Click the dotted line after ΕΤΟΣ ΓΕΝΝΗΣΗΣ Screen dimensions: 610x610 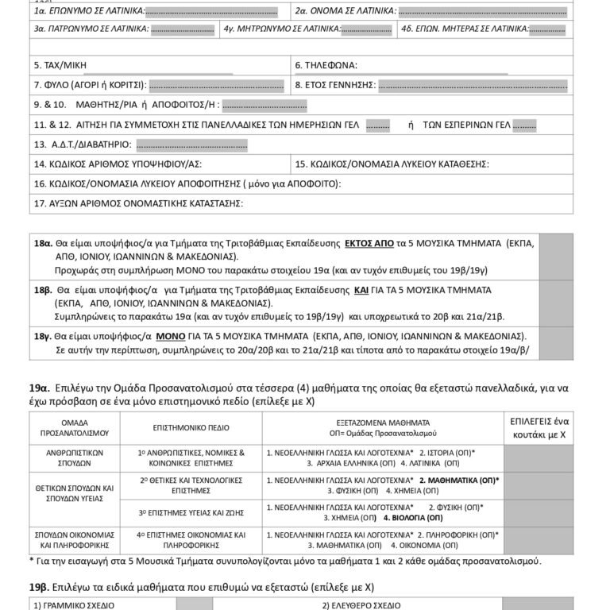(x=473, y=85)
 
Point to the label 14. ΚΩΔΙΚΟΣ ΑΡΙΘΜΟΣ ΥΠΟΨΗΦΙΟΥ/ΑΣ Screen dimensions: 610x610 (x=118, y=164)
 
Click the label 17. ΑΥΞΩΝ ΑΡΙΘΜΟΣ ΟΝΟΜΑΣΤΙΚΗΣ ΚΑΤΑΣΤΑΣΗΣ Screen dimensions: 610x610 (x=137, y=203)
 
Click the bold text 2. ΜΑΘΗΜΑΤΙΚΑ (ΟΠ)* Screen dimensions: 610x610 (x=459, y=481)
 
